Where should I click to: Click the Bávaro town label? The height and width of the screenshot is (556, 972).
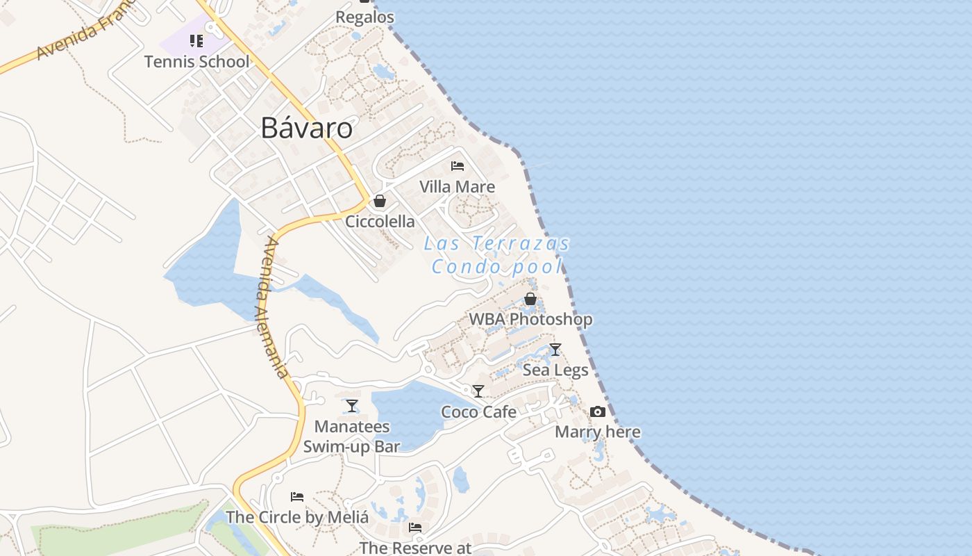click(x=306, y=129)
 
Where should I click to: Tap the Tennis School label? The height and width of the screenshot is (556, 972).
click(x=196, y=62)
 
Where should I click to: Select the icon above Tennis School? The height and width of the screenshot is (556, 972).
click(x=196, y=41)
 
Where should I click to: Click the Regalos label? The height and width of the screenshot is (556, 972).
click(x=364, y=17)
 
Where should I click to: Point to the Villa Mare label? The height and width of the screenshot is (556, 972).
click(x=457, y=187)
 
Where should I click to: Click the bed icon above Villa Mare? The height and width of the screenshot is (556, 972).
click(x=457, y=166)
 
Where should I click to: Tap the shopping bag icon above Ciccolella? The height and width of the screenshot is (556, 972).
click(x=380, y=202)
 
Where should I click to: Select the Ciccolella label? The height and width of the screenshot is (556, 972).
click(x=380, y=222)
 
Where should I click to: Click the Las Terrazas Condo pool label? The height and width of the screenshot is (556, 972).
click(x=496, y=255)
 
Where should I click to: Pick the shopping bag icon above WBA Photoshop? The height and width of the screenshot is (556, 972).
click(x=530, y=299)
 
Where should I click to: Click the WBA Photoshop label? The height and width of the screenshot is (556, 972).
click(x=530, y=320)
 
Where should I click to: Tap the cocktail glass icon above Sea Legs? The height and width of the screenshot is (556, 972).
click(x=555, y=350)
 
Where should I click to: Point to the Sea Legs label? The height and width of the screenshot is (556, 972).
click(x=555, y=370)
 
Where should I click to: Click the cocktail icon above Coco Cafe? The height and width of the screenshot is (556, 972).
click(x=478, y=391)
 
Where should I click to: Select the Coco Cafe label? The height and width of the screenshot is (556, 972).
click(x=478, y=412)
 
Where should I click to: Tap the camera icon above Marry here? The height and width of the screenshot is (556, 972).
click(x=597, y=412)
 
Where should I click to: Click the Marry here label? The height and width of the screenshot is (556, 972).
click(x=597, y=432)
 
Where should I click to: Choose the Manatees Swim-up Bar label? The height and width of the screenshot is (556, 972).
click(x=352, y=436)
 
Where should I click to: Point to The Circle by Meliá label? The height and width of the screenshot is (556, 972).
click(x=296, y=518)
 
